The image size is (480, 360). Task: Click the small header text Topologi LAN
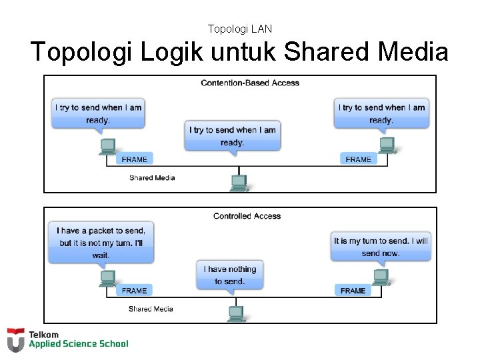(x=239, y=29)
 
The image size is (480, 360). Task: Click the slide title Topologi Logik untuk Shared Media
(x=239, y=52)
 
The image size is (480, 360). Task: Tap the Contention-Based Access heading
(x=250, y=83)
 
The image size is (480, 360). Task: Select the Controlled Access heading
(x=247, y=216)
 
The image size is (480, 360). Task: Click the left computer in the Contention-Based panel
(x=107, y=146)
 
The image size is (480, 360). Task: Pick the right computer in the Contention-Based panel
(x=386, y=145)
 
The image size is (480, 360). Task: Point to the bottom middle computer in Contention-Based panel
(x=239, y=182)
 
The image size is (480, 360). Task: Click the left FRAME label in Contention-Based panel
(x=134, y=159)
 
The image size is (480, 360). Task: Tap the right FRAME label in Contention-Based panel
(x=358, y=159)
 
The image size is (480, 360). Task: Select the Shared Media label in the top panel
(x=152, y=178)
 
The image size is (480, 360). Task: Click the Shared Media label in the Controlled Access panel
(x=151, y=309)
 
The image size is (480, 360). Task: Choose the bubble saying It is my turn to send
(x=381, y=247)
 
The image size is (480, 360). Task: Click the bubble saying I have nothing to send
(x=229, y=275)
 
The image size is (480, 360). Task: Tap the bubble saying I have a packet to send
(x=101, y=243)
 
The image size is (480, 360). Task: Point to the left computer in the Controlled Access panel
(x=107, y=278)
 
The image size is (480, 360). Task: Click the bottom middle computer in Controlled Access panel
(x=235, y=313)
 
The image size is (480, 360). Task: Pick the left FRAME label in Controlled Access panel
(x=134, y=291)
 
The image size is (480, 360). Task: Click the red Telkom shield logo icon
(x=15, y=339)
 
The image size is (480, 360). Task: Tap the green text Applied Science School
(x=78, y=344)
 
